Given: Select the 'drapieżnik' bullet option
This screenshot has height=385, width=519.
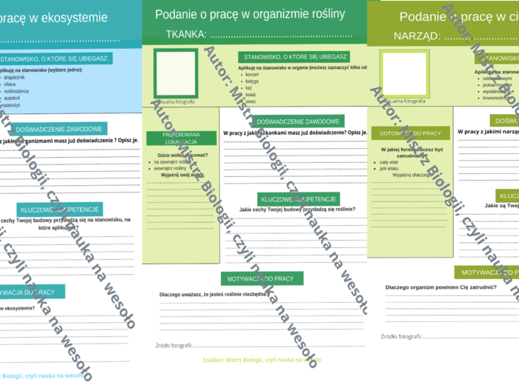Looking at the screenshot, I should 15,76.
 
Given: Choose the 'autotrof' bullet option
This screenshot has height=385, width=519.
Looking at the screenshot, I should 13,97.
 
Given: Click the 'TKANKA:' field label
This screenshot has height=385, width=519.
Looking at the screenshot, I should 186,34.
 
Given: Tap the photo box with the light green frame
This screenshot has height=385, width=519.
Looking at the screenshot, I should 403,73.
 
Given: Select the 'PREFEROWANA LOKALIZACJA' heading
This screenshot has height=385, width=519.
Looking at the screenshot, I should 181,138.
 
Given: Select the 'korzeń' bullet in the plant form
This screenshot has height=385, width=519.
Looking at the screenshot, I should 252,75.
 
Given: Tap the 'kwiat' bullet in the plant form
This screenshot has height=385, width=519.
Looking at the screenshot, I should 251,95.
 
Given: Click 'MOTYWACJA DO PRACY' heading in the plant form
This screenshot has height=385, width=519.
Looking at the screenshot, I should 262,279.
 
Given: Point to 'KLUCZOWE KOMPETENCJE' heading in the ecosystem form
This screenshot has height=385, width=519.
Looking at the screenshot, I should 59,210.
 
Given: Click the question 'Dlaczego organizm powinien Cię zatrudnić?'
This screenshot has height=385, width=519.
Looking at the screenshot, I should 440,287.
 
